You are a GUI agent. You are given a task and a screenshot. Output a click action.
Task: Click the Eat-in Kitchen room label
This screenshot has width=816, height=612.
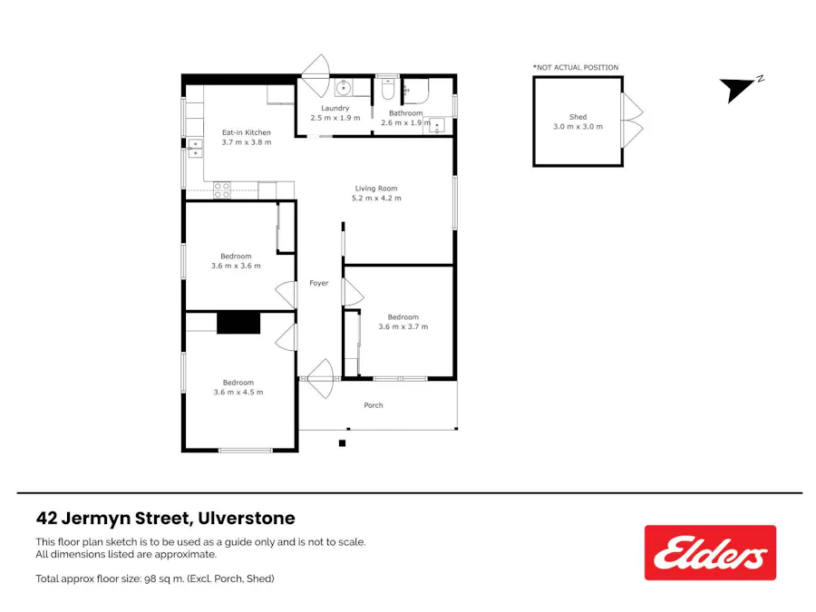point(246,132)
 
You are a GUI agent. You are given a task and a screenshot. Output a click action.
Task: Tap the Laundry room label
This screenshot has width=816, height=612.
point(335,108)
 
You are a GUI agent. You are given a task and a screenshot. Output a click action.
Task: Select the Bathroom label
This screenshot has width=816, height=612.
point(405,113)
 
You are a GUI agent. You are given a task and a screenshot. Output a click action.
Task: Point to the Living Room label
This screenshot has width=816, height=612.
point(376,189)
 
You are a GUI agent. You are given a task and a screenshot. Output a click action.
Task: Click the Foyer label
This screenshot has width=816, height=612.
point(318,283)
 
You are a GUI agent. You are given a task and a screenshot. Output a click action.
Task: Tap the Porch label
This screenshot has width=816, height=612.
point(374,405)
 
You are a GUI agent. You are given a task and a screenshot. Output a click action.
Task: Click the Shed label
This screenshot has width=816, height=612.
point(578,117)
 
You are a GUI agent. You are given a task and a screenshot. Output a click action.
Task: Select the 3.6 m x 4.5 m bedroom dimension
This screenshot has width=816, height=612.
point(238,392)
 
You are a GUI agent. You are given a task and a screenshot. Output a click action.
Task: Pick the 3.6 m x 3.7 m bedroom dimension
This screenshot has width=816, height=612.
point(403,326)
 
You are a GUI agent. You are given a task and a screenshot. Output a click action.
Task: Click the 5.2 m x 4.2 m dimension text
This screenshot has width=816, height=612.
point(377,198)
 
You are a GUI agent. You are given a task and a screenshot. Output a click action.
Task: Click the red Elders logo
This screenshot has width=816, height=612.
point(710,552)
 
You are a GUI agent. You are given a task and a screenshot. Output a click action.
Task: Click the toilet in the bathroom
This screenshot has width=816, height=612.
point(387,90)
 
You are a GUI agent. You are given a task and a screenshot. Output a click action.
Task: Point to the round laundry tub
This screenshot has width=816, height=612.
point(344,88)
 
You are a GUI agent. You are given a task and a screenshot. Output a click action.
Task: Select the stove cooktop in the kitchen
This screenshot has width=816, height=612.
point(222,189)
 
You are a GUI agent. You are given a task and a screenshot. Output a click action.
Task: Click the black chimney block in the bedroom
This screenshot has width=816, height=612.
point(238,323)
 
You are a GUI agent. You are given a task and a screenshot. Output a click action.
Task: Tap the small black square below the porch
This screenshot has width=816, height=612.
point(342,442)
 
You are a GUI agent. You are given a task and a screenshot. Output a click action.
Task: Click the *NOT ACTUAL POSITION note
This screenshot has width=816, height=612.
point(575,67)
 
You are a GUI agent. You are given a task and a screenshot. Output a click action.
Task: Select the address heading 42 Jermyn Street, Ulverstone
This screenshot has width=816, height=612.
point(165,519)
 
